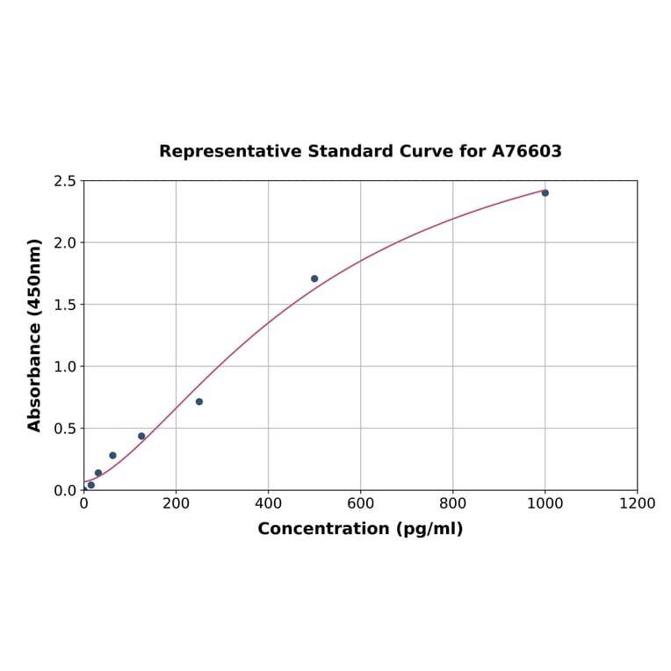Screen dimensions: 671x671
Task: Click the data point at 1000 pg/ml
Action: point(545,192)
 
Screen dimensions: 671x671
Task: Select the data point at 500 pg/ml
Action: point(314,278)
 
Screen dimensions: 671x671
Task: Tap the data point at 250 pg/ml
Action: point(199,401)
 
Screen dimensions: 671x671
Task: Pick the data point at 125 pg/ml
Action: point(141,436)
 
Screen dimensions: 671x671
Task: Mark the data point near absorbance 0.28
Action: point(112,455)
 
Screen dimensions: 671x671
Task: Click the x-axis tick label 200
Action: point(176,503)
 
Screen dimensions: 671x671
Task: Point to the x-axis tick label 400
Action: point(268,503)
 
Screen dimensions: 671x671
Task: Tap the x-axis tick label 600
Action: point(360,503)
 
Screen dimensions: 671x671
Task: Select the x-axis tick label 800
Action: point(452,503)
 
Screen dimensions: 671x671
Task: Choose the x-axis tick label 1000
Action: point(545,503)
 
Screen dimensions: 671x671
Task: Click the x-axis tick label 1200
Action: point(637,503)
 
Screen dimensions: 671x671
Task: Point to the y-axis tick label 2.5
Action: point(65,181)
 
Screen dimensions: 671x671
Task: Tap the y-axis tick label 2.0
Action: point(65,242)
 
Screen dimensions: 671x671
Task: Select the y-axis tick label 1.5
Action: point(65,305)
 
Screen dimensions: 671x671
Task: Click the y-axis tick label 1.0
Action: point(65,366)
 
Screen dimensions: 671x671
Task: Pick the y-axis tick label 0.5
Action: point(65,429)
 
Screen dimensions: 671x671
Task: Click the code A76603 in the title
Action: point(526,151)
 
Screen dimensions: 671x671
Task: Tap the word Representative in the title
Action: point(230,151)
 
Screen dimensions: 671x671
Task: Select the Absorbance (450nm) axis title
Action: point(35,335)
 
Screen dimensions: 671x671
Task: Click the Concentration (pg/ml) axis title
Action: point(360,529)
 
